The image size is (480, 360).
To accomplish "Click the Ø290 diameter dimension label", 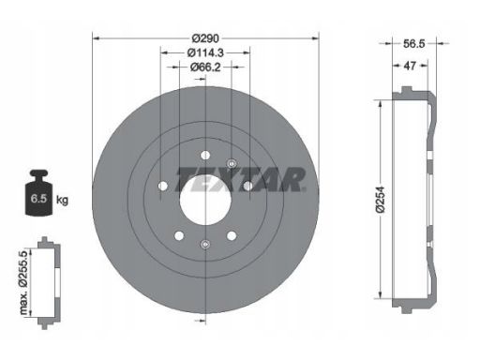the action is point(205,38).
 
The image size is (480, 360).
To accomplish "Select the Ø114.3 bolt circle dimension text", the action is point(205,52).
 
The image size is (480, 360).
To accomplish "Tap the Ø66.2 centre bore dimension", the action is point(205,67).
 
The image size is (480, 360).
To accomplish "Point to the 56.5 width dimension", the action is point(414,44).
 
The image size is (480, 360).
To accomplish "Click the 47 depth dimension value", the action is point(410,66).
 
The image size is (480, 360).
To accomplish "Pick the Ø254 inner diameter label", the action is point(381,201).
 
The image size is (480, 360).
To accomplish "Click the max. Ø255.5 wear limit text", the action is point(23,282).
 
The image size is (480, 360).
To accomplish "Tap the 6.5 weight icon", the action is point(38,192).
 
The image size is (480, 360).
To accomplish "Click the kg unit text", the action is point(62,200).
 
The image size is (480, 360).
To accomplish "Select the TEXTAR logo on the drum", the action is point(241,179).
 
